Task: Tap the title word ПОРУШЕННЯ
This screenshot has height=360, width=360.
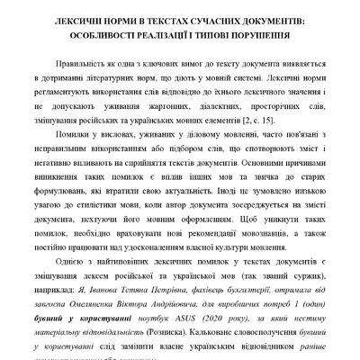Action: click(257, 39)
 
